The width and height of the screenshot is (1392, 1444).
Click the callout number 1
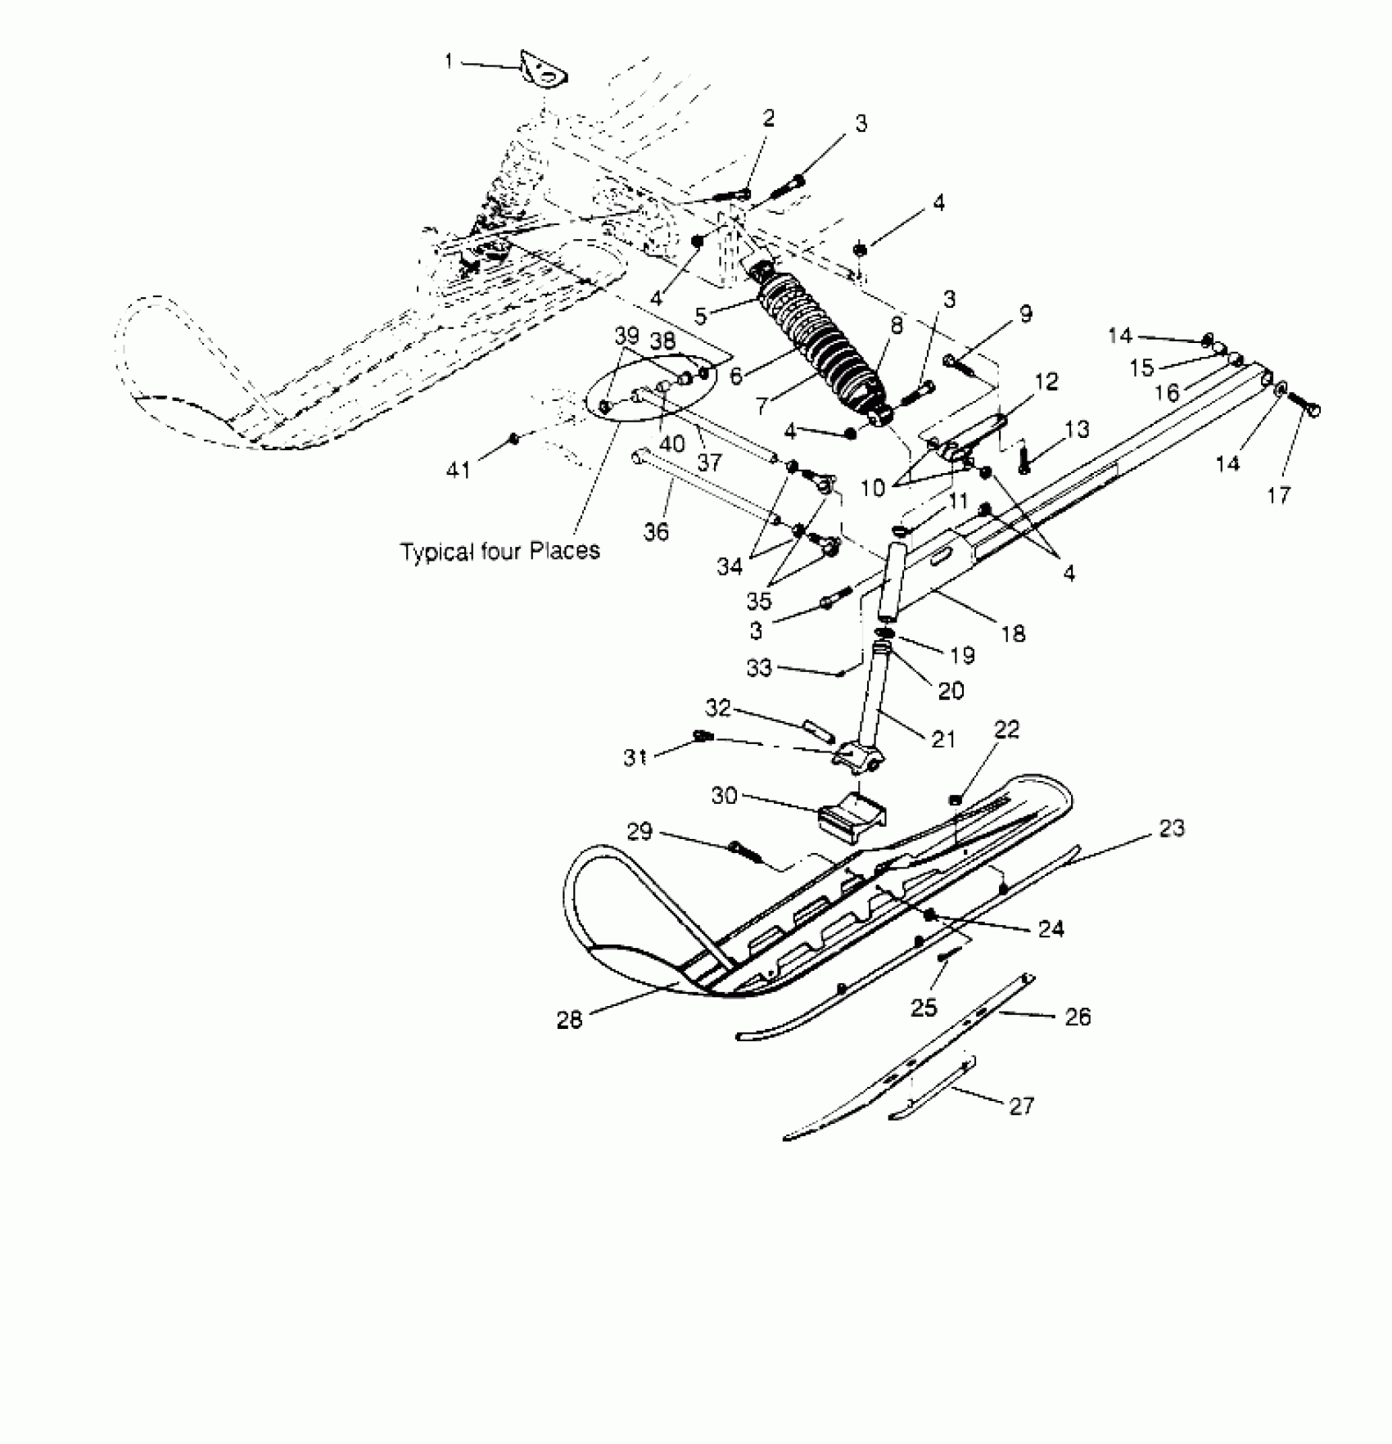tap(449, 61)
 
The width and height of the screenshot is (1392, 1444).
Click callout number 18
tap(1013, 634)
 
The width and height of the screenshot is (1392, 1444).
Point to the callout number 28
tap(569, 1020)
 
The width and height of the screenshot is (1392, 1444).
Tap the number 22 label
tap(1006, 729)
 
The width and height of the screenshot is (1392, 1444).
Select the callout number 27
tap(1021, 1106)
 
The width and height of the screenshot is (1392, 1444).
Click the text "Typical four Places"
tap(499, 551)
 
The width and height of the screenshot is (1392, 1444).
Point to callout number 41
tap(458, 469)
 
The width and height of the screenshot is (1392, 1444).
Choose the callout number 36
tap(656, 531)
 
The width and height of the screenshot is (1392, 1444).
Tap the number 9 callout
tap(1025, 314)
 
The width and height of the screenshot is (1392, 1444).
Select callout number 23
tap(1171, 828)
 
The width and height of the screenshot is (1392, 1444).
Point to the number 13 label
tap(1078, 429)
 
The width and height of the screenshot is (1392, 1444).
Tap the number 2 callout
tap(768, 119)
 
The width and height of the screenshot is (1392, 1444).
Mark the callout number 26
tap(1078, 1017)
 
